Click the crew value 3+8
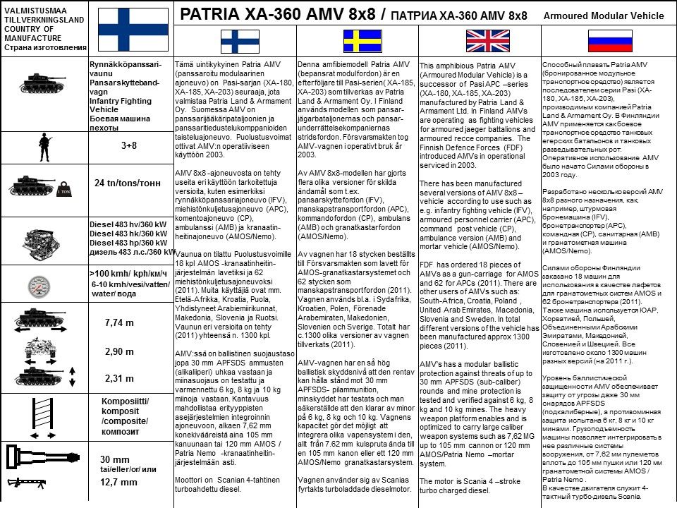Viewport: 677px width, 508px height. (128, 146)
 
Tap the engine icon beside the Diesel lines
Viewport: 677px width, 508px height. (45, 236)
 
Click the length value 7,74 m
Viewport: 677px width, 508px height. (118, 323)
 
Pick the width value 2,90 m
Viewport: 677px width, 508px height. (118, 351)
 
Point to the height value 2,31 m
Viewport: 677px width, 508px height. (118, 379)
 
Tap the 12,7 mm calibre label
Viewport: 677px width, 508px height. (118, 483)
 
